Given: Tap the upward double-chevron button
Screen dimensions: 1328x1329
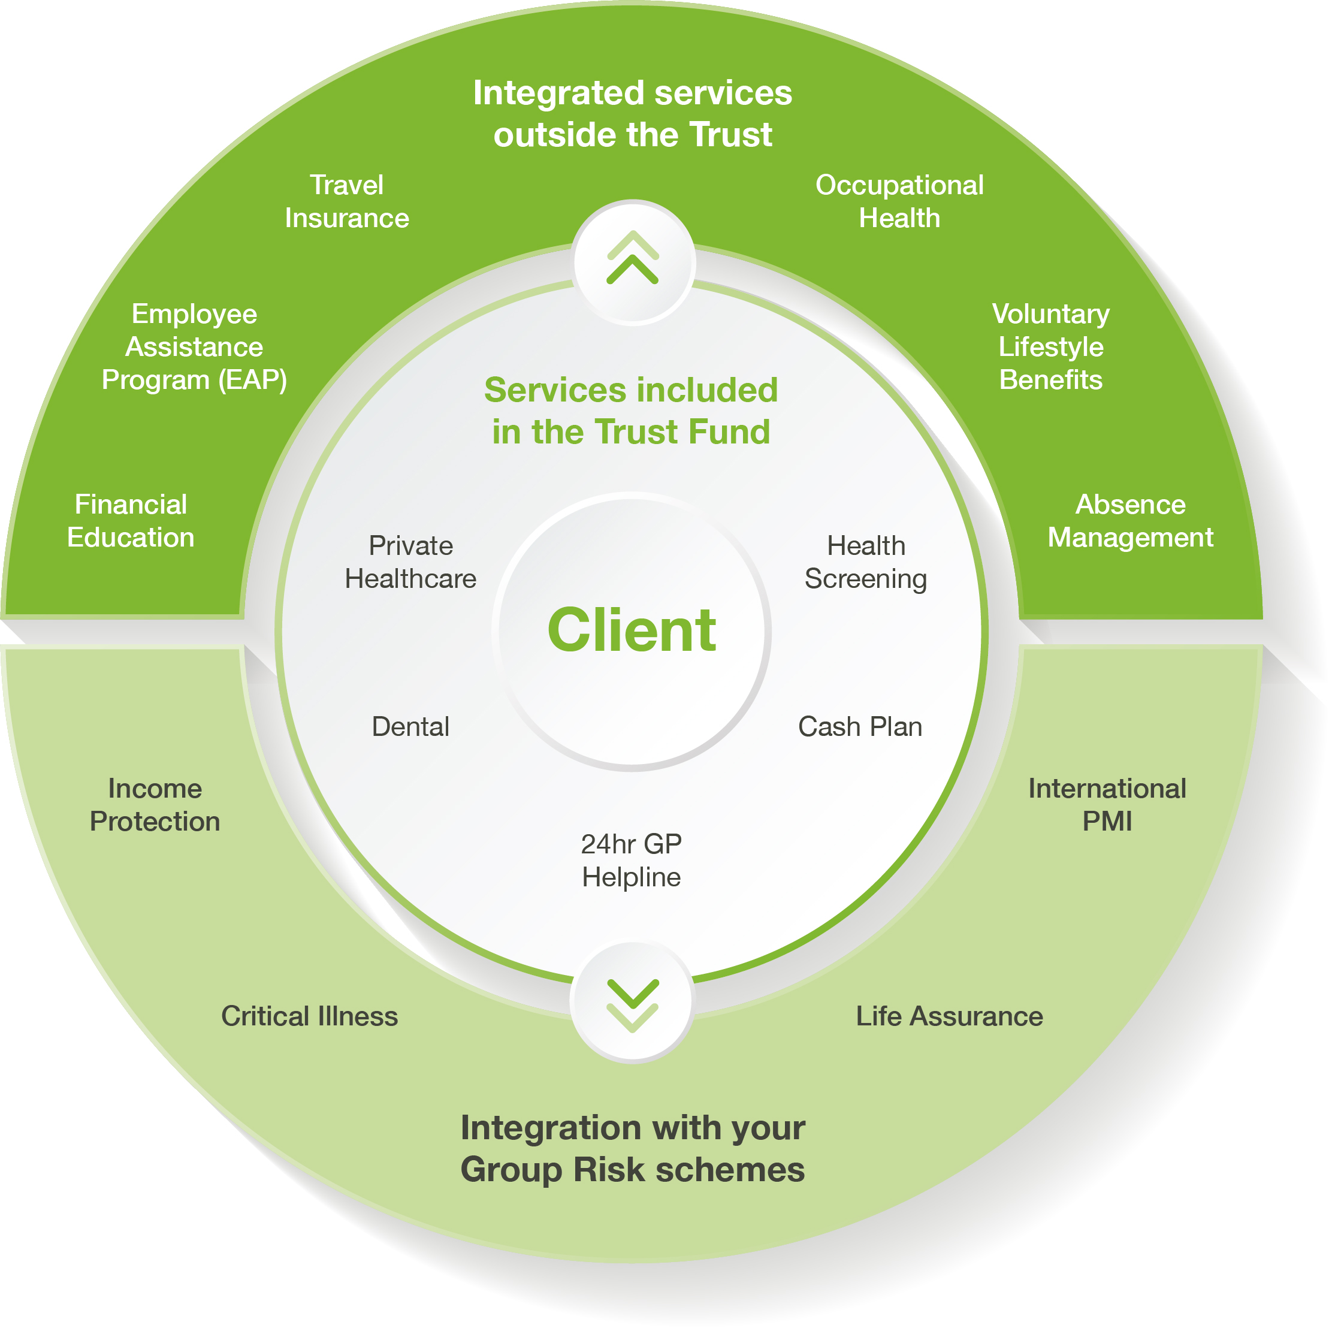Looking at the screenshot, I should (633, 260).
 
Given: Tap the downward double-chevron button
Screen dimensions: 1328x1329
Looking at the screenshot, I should (633, 1003).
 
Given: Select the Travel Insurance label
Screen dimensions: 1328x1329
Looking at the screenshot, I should (347, 201).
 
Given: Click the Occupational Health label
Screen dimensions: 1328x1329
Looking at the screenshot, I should (899, 201).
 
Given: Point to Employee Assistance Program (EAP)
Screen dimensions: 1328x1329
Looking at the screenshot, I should (194, 347).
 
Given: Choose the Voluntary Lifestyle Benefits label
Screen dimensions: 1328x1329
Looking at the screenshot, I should (1050, 347).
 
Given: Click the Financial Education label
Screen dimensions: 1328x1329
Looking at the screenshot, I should (131, 521).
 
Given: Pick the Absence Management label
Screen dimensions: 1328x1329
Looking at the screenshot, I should (1129, 521).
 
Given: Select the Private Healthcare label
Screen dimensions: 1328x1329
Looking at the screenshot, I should (410, 562).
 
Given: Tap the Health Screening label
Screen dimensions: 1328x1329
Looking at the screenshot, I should (865, 562).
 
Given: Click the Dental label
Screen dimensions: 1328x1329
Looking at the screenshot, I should (410, 726).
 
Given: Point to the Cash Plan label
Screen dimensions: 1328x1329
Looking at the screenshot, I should (860, 726).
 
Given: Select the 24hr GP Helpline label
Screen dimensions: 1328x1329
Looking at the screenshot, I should (632, 860).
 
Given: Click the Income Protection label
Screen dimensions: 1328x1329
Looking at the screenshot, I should (155, 805).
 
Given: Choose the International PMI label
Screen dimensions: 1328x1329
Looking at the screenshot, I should (1107, 805).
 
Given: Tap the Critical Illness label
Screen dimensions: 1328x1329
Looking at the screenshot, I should (310, 1016).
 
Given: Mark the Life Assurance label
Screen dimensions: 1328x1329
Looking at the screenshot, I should (949, 1016).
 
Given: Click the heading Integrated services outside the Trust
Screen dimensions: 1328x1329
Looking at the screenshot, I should (633, 113).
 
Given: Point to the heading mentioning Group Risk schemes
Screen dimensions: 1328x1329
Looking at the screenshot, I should (633, 1149).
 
